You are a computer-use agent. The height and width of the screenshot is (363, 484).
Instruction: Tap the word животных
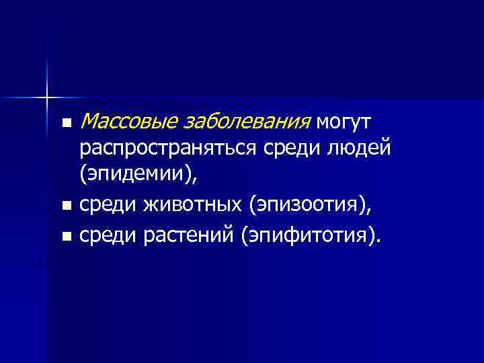(192, 204)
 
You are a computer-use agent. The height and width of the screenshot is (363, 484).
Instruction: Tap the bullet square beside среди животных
(65, 206)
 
